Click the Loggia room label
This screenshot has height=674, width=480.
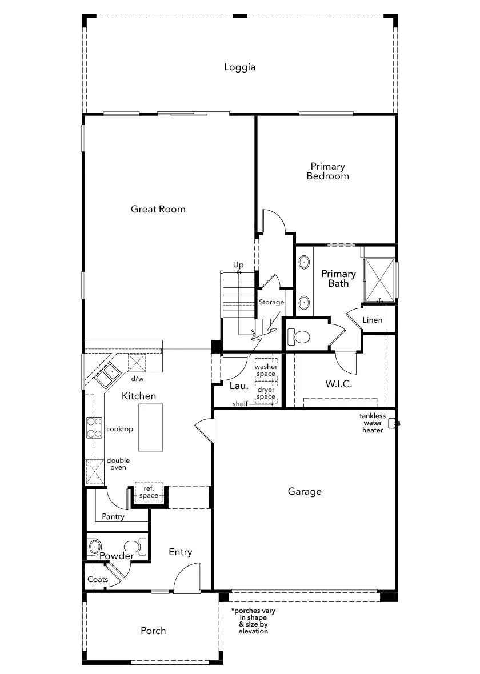click(239, 67)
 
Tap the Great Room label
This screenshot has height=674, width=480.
click(158, 209)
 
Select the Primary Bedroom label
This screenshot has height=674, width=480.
click(328, 171)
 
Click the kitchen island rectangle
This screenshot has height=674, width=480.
click(150, 427)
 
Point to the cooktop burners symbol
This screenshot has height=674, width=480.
click(94, 428)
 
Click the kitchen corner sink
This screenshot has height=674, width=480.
click(107, 374)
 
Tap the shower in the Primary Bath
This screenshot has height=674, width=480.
click(379, 280)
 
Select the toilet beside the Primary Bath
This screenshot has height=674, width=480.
click(299, 336)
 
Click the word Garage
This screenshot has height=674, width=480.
click(305, 491)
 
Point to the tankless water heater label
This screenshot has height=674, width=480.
click(373, 423)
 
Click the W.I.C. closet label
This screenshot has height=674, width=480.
click(338, 384)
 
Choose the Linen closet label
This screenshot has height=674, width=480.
click(373, 320)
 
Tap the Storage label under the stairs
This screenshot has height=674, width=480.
click(271, 303)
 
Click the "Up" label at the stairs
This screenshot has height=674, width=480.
click(238, 265)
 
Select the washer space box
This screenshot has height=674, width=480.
click(266, 370)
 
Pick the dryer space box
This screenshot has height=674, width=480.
click(266, 392)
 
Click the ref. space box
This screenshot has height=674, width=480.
click(149, 492)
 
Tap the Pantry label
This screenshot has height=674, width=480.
click(113, 517)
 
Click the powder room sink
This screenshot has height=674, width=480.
click(94, 546)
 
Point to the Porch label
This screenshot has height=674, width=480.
click(153, 631)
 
